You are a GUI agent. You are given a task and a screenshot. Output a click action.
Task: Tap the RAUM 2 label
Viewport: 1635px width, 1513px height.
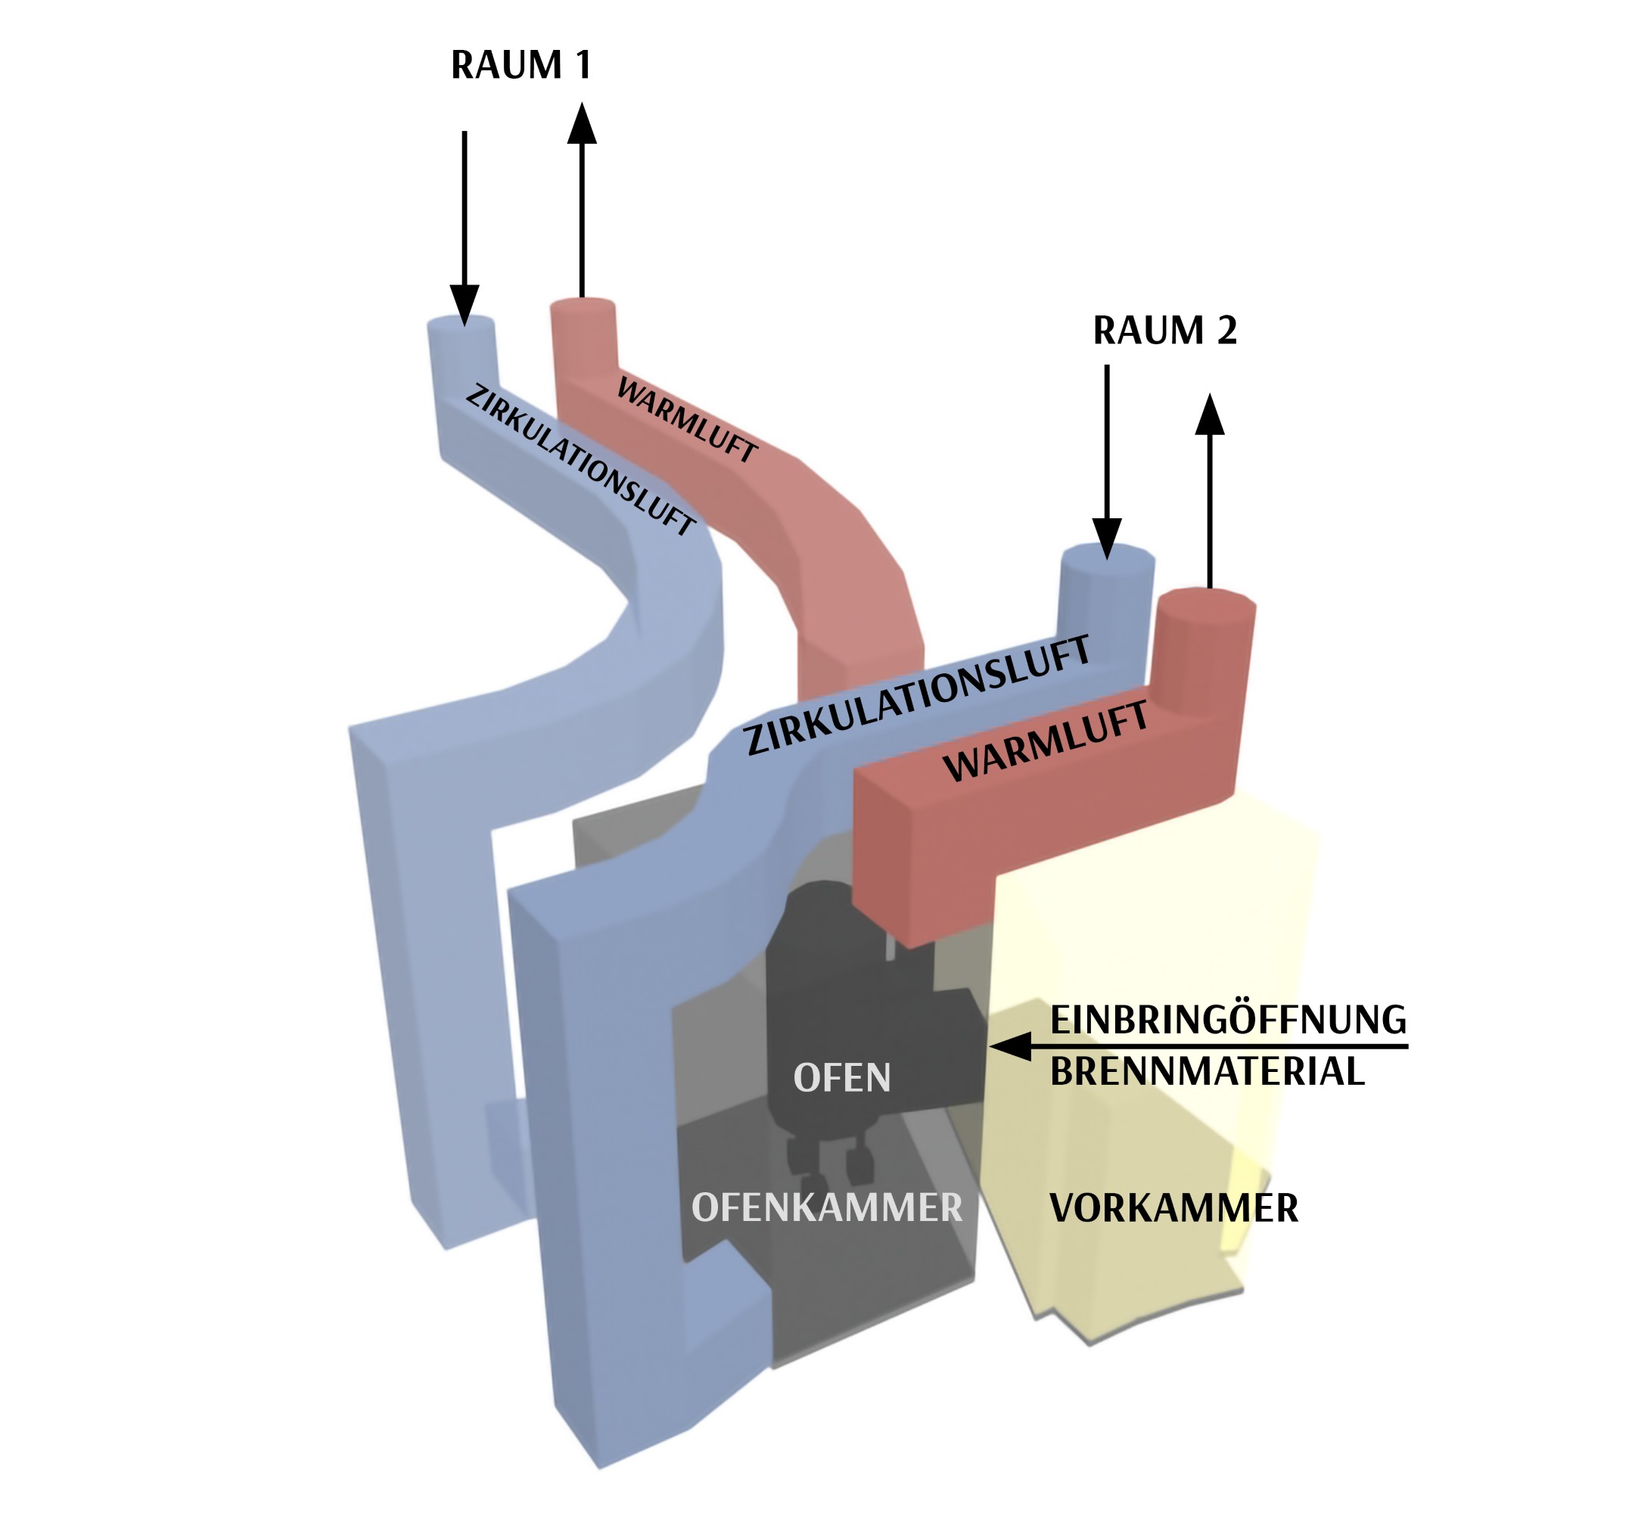1164,330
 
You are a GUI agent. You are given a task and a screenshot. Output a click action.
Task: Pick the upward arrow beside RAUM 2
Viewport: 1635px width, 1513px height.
1209,491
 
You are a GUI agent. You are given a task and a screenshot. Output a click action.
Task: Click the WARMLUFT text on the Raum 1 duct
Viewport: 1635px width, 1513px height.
686,420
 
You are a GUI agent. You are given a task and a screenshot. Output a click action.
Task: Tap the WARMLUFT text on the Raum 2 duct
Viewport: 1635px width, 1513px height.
1046,743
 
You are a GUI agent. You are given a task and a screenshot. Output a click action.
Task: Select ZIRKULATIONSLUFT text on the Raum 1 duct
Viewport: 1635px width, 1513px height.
580,460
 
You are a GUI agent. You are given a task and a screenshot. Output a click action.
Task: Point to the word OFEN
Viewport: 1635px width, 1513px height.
841,1078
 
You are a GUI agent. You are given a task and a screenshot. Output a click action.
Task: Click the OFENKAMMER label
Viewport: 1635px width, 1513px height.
826,1207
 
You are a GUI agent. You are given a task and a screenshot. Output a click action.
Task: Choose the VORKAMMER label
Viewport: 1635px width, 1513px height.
1173,1208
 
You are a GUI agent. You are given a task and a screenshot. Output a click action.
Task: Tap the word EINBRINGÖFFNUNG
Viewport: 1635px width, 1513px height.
1227,1020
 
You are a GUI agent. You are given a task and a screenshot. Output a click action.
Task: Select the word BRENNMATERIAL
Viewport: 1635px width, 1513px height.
1207,1072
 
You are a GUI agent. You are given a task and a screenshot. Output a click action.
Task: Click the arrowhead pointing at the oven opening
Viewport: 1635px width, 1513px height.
1010,1045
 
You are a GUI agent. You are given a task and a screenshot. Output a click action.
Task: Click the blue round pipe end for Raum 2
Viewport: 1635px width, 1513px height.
1107,559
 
